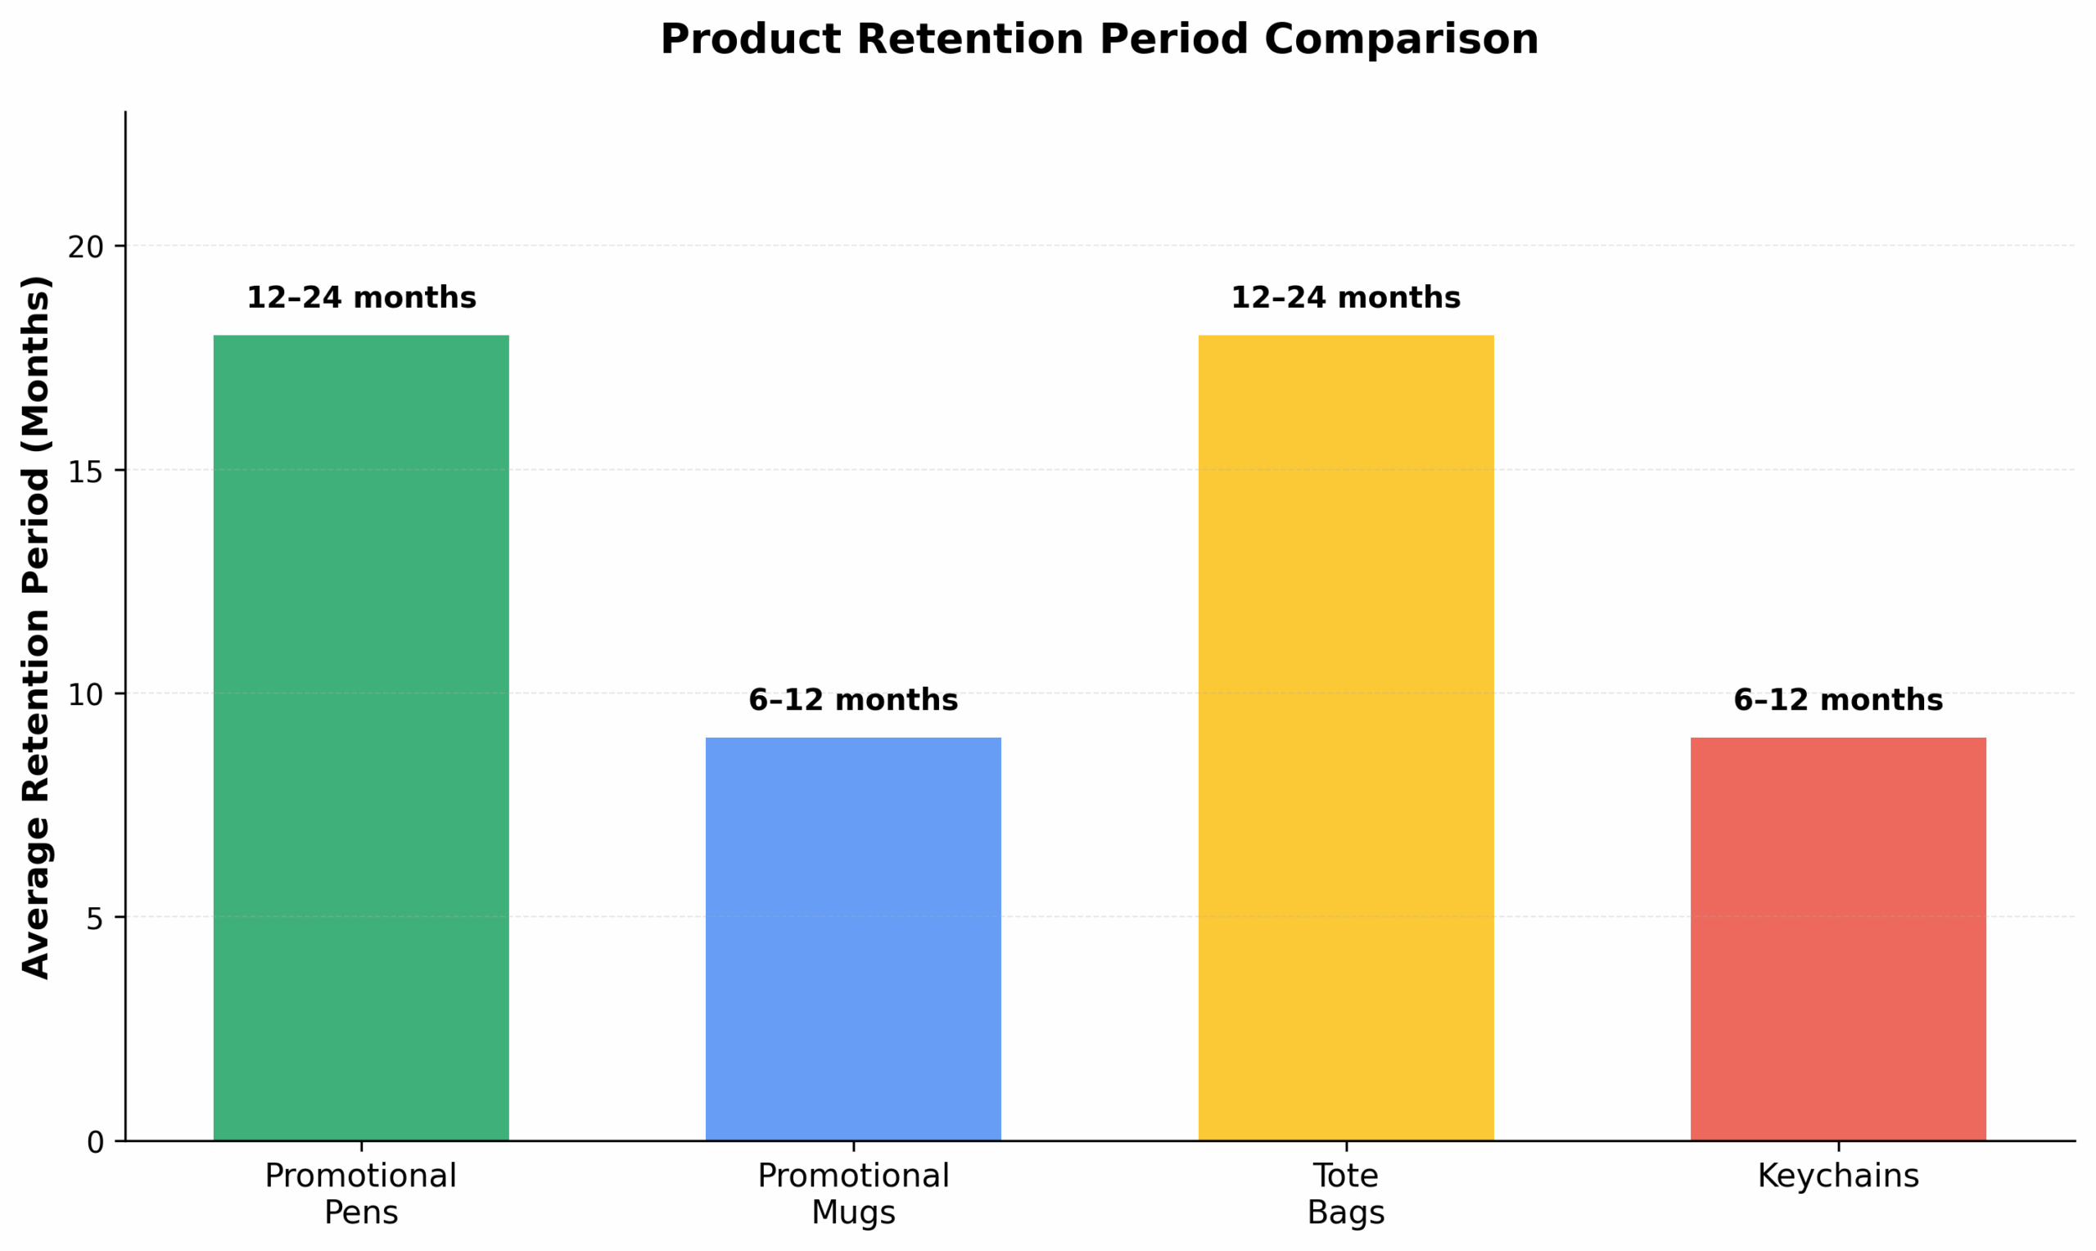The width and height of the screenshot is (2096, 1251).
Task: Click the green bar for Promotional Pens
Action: [361, 738]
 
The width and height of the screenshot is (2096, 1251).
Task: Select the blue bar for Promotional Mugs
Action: [853, 939]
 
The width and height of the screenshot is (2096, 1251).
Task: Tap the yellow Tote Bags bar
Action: [1346, 738]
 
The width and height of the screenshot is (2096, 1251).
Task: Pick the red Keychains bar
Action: [1838, 939]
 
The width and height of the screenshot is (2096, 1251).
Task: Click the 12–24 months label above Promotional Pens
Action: [361, 298]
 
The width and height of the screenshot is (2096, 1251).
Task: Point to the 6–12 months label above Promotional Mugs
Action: [853, 701]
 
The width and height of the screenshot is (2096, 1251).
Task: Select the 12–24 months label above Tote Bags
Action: [1346, 298]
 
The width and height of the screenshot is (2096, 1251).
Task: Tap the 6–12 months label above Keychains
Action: [1838, 701]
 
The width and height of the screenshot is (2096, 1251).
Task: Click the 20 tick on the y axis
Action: [85, 247]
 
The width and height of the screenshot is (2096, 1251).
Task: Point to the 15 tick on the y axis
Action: [85, 472]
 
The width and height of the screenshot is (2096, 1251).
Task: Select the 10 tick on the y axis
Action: [85, 694]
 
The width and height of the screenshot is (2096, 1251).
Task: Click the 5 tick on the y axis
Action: [94, 918]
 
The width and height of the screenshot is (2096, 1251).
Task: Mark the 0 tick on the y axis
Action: [94, 1143]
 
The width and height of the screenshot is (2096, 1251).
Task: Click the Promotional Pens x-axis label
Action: [361, 1194]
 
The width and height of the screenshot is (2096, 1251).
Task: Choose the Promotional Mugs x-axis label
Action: [853, 1194]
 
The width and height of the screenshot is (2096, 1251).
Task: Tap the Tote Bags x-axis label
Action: [1346, 1194]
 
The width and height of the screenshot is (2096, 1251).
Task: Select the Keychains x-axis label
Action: [1838, 1176]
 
